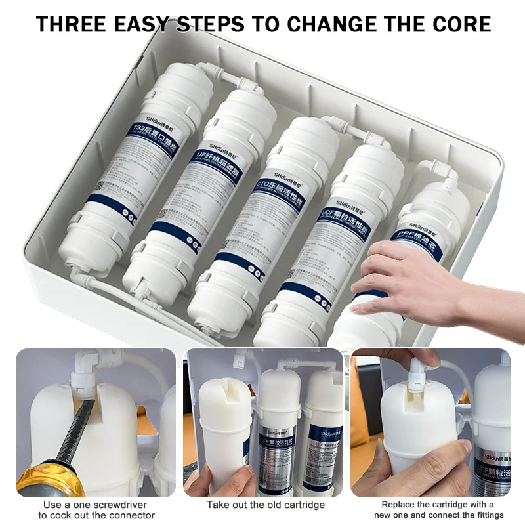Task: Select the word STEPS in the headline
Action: click(x=211, y=24)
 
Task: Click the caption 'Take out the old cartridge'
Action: click(x=266, y=505)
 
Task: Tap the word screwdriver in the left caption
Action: click(x=125, y=505)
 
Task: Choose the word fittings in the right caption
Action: click(x=486, y=515)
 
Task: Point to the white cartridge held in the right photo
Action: click(x=413, y=433)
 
